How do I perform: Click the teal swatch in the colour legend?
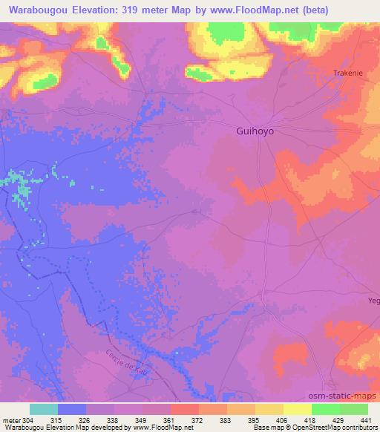point(44,409)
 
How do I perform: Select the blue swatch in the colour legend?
point(72,409)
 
